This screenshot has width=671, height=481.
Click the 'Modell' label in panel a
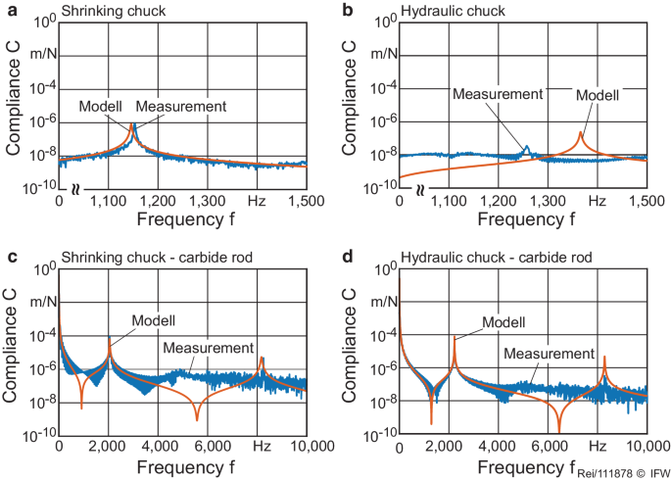pos(101,106)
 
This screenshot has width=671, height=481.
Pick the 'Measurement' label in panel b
pos(498,94)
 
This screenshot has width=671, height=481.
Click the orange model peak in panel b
pos(580,133)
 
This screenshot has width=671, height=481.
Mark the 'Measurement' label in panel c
pos(208,348)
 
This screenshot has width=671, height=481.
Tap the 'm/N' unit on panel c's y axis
pos(39,301)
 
